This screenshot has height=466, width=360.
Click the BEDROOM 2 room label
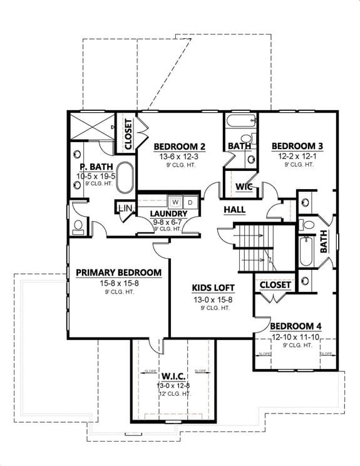pos(180,147)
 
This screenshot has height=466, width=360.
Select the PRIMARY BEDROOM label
pos(119,272)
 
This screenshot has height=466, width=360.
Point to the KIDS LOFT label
pos(213,287)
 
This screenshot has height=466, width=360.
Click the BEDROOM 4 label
pos(296,326)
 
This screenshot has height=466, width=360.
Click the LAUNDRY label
pos(169,214)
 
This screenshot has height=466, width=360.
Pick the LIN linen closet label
pos(125,208)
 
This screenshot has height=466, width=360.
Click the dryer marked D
pos(191,202)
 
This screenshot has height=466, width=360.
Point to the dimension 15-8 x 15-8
pos(119,283)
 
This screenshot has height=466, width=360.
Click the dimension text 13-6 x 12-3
pos(180,156)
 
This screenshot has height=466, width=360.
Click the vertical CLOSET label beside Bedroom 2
pos(128,133)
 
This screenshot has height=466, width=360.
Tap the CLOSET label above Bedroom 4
pos(274,285)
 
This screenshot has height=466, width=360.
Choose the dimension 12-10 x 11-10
pos(296,337)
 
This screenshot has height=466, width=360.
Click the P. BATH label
pos(91,167)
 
